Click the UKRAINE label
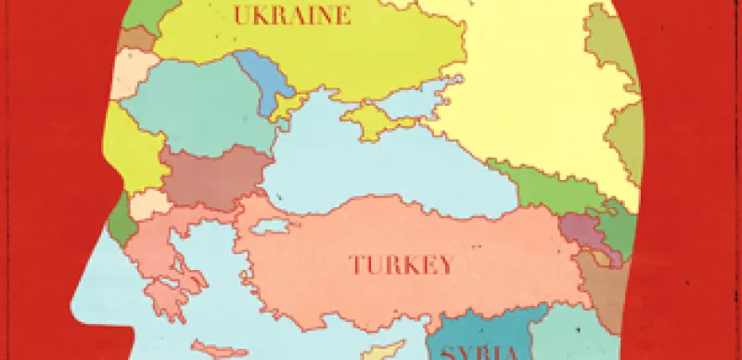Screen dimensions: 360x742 292,15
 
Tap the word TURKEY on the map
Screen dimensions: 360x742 402,264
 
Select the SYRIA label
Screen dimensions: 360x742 481,353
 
